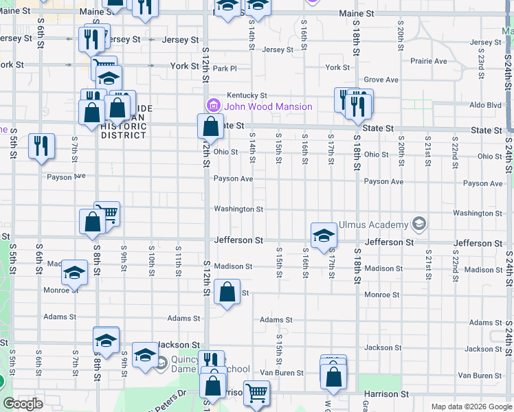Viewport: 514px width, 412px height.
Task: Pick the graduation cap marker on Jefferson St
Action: pyautogui.click(x=324, y=236)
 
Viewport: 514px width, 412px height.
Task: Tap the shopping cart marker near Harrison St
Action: pyautogui.click(x=256, y=393)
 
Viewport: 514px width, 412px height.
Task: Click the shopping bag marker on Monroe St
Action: pyautogui.click(x=227, y=293)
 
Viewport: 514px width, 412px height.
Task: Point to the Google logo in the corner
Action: pyautogui.click(x=23, y=403)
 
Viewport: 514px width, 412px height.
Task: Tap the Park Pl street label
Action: pyautogui.click(x=224, y=69)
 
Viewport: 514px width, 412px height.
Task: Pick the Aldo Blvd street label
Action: pyautogui.click(x=485, y=105)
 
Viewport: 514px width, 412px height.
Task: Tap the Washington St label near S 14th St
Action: pyautogui.click(x=238, y=209)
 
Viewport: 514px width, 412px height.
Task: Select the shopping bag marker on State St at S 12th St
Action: pyautogui.click(x=210, y=127)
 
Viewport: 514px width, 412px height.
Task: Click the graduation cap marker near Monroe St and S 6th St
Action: pyautogui.click(x=74, y=273)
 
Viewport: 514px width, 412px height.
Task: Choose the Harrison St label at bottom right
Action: pyautogui.click(x=390, y=394)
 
